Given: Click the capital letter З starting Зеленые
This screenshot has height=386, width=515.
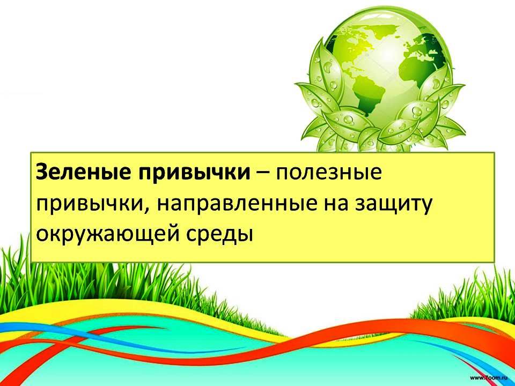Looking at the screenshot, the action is (x=42, y=172).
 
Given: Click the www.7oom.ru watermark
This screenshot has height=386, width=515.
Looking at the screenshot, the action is (x=489, y=378).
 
